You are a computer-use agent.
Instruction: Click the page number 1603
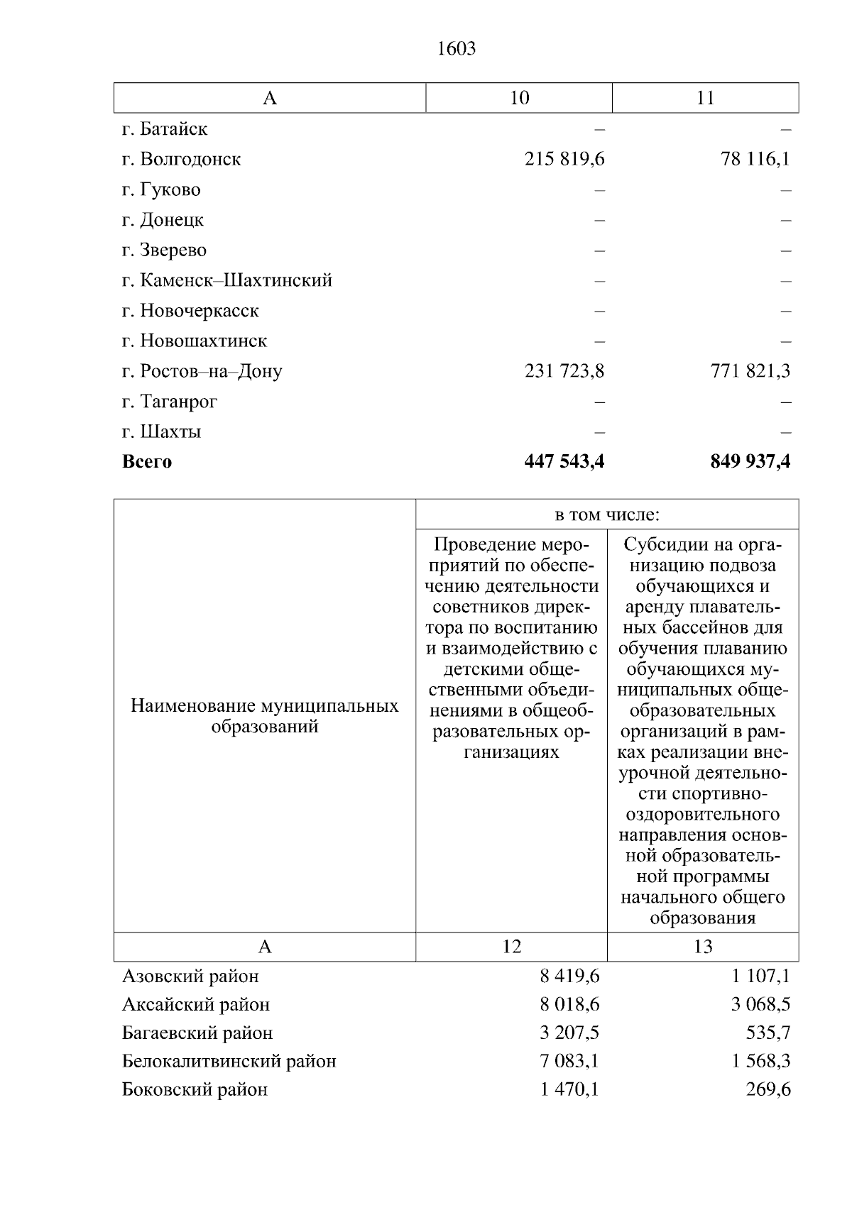456,49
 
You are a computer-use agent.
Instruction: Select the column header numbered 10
519,98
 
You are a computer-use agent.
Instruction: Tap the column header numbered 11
705,98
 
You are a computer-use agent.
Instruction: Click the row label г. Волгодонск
181,159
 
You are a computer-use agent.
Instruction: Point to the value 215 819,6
564,159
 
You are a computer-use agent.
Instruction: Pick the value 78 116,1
755,159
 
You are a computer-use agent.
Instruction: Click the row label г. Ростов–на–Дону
202,371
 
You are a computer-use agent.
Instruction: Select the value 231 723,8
564,371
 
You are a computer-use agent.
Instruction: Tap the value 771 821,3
750,371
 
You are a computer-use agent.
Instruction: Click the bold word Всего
147,462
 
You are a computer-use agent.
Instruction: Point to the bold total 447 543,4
564,462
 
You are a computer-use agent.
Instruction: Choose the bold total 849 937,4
750,462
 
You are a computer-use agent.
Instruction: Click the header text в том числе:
607,515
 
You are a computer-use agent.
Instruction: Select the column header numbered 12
511,947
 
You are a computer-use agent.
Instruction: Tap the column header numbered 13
703,947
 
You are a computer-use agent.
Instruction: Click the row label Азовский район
190,976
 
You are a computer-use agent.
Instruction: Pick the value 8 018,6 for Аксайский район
569,1005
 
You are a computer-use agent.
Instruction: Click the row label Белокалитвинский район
229,1062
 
